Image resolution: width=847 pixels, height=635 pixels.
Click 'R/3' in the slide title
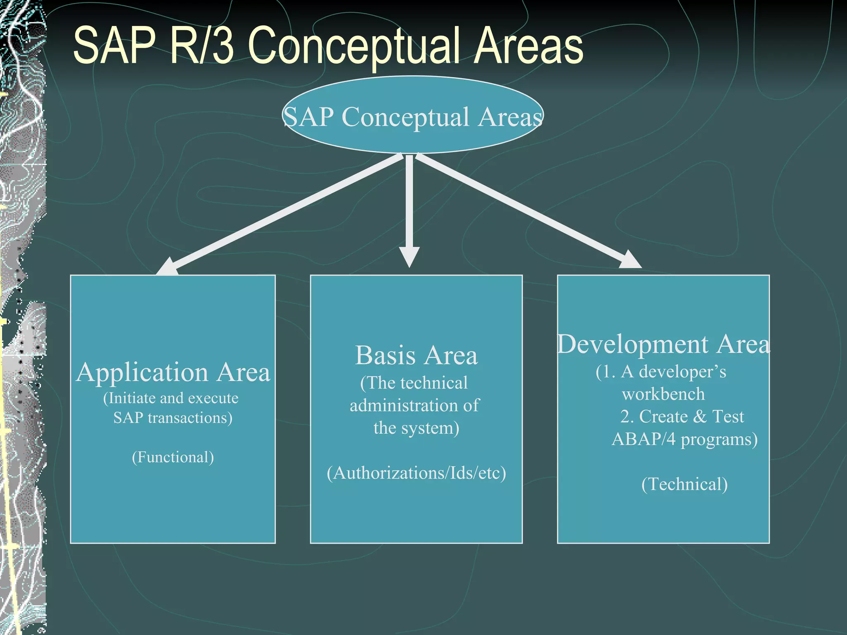202,45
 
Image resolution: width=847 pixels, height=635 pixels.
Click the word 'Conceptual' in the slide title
353,46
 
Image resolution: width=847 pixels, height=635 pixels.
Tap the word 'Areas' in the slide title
528,46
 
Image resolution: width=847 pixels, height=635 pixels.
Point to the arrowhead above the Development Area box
629,260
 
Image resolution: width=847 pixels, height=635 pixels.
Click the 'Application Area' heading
173,372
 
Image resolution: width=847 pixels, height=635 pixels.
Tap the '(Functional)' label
173,457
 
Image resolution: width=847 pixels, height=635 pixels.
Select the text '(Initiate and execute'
171,398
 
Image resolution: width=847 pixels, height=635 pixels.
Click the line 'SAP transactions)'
173,418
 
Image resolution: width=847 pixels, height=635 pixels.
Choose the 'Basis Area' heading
416,356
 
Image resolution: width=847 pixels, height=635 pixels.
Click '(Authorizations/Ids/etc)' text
416,473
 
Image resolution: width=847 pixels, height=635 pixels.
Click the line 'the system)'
416,428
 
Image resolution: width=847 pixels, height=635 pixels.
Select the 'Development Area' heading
663,344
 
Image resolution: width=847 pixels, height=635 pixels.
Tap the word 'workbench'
663,394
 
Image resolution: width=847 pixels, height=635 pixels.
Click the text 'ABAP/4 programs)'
684,439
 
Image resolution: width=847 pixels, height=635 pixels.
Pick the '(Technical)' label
684,484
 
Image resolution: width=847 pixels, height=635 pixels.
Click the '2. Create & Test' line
682,417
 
